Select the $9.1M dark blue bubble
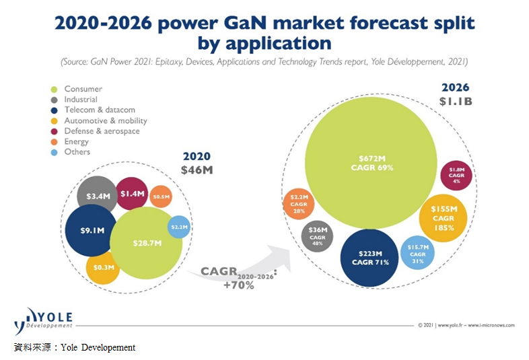(x=93, y=231)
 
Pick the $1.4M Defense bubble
(x=131, y=194)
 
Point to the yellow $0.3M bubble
(x=102, y=267)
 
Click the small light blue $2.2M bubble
(x=178, y=227)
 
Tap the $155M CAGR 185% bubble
(x=443, y=218)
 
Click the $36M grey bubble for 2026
(x=316, y=235)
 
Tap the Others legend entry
(x=77, y=152)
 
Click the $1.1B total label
(x=456, y=102)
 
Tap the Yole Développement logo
(x=44, y=320)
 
